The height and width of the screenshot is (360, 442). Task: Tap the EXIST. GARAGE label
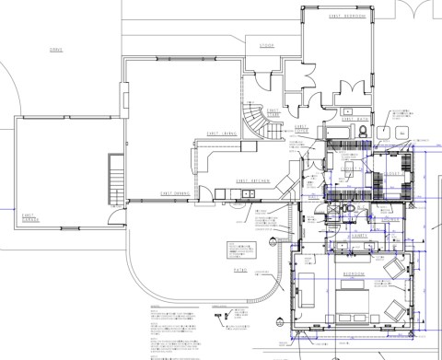35,218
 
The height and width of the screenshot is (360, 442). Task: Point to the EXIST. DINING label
176,193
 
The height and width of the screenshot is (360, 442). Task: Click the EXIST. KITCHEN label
252,181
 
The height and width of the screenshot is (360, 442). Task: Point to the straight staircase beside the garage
116,181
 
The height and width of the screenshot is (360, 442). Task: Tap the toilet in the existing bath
364,133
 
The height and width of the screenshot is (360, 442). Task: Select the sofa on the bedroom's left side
307,293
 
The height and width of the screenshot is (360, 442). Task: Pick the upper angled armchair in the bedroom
393,268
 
